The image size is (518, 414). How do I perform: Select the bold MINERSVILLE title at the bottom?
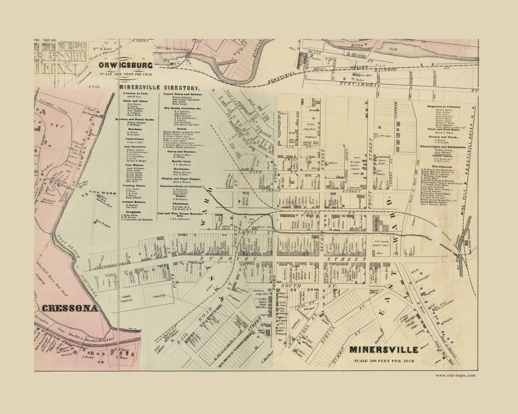point(383,350)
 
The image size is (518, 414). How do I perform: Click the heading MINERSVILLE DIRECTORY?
point(159,88)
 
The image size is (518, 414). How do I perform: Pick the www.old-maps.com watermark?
point(455,375)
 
